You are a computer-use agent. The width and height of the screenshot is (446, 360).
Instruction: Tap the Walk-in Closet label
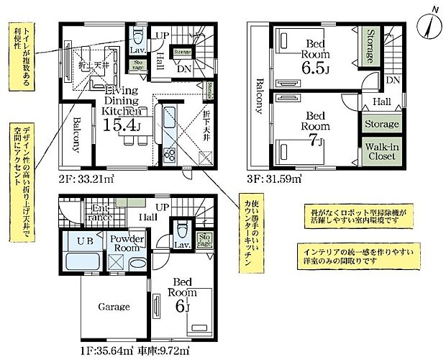[x=381, y=152]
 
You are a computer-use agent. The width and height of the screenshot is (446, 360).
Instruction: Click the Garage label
[x=114, y=307]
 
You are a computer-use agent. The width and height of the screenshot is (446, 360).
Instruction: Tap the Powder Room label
[x=127, y=243]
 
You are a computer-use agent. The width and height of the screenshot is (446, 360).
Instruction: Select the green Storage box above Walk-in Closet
[x=381, y=124]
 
